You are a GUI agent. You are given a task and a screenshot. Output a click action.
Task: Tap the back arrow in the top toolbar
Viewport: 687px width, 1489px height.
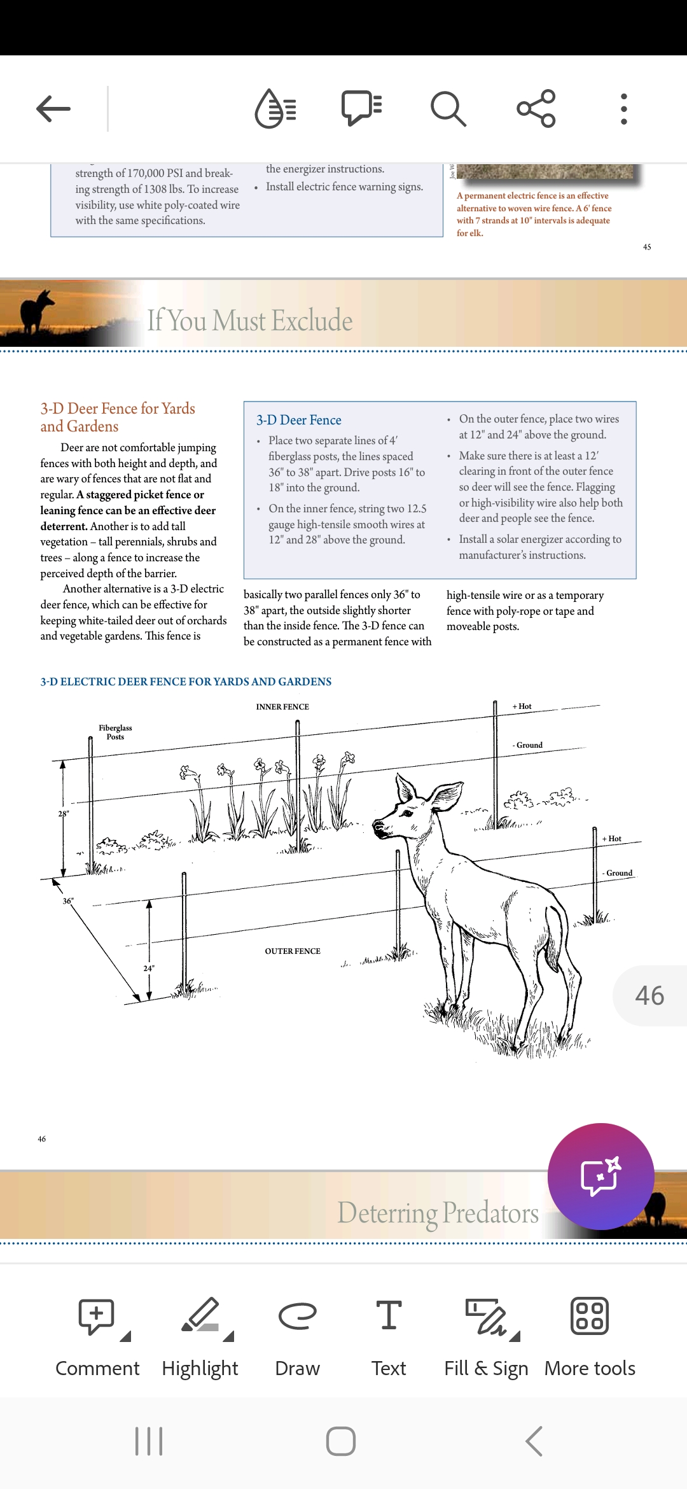pyautogui.click(x=53, y=109)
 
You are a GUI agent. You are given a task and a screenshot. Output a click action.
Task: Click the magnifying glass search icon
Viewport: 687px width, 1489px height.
pyautogui.click(x=448, y=109)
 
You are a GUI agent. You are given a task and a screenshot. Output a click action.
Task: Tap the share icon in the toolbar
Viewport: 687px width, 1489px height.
pyautogui.click(x=536, y=109)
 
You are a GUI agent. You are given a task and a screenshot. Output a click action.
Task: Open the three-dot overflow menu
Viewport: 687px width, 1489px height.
pyautogui.click(x=623, y=109)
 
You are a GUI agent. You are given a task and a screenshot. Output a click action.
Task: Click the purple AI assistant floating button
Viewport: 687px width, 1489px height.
pyautogui.click(x=600, y=1176)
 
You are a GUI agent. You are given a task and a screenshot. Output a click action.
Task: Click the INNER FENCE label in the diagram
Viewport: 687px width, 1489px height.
pyautogui.click(x=282, y=707)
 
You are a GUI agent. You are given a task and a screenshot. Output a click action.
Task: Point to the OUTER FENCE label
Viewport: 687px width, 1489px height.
pyautogui.click(x=293, y=951)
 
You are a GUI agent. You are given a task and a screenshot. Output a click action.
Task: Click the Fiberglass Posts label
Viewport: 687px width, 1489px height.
pyautogui.click(x=115, y=732)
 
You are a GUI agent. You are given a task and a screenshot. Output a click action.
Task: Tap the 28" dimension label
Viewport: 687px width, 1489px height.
pyautogui.click(x=64, y=814)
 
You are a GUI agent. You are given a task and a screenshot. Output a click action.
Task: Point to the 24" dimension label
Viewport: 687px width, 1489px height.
pyautogui.click(x=149, y=968)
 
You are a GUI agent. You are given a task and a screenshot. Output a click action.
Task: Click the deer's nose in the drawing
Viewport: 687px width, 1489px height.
pyautogui.click(x=377, y=827)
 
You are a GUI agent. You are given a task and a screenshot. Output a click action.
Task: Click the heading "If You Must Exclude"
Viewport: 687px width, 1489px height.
pyautogui.click(x=249, y=320)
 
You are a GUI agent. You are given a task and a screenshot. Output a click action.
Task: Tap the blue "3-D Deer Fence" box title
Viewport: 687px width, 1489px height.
pyautogui.click(x=299, y=420)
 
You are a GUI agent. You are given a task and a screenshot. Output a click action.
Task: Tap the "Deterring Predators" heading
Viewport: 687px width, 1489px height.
pyautogui.click(x=438, y=1213)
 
